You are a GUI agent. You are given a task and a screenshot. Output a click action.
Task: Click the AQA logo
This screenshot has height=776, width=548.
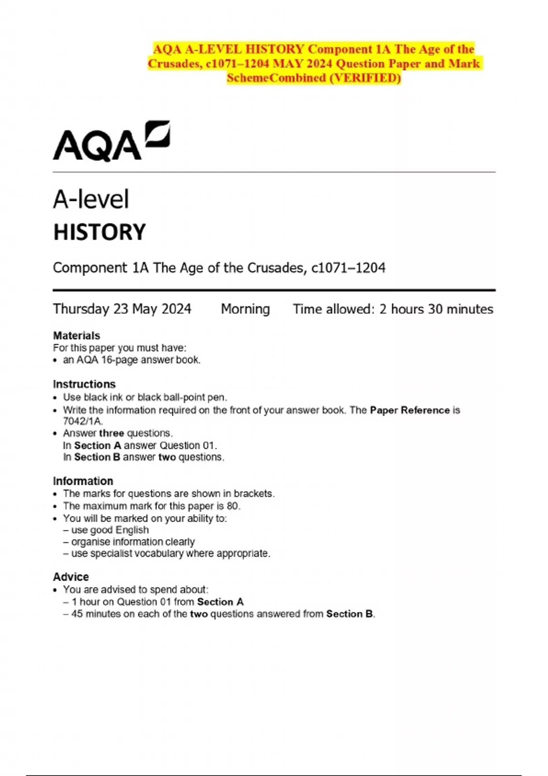(111, 142)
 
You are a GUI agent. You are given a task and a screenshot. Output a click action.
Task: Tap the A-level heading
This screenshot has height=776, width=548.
(91, 199)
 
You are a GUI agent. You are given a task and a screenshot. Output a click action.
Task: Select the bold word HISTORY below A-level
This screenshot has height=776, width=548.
(100, 232)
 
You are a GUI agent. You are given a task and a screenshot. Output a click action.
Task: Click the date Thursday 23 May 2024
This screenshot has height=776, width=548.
(122, 309)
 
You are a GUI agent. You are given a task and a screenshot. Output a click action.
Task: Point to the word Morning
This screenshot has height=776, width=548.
(245, 309)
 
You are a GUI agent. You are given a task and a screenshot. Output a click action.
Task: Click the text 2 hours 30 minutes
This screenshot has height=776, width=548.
(436, 309)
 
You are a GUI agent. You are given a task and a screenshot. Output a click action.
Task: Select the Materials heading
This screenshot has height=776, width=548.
(76, 336)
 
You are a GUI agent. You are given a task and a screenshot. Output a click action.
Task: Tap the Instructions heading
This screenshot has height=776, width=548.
(84, 384)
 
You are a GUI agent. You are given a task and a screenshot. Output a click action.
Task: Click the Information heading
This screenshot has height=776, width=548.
(83, 481)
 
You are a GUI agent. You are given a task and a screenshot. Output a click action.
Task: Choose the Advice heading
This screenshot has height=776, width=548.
(71, 577)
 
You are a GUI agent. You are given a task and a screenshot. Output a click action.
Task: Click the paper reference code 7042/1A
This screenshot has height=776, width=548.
(83, 421)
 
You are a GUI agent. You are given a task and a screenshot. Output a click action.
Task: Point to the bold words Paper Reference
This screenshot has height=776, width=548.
(410, 410)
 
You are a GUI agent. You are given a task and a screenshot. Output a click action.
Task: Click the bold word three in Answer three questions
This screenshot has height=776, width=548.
(111, 433)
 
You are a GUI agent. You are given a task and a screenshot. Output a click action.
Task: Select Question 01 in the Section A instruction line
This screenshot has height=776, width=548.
(187, 446)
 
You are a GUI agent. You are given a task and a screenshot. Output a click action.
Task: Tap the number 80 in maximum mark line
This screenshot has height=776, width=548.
(232, 506)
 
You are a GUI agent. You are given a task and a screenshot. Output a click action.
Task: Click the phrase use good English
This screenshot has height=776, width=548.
(110, 530)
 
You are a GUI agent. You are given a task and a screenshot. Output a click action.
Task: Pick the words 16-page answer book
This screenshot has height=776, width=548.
(150, 360)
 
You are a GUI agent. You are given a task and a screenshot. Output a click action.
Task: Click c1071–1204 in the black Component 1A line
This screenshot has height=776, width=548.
(348, 268)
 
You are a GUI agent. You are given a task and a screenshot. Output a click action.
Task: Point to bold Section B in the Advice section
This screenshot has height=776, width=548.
(349, 614)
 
